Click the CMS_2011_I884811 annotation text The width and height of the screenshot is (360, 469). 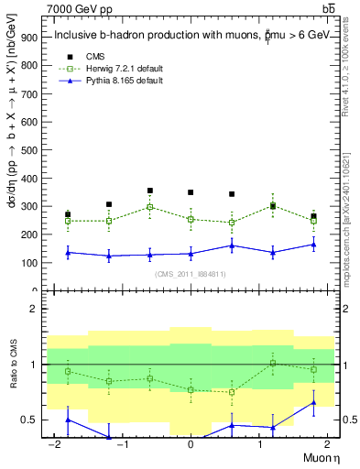point(191,274)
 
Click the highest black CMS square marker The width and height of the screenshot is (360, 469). point(149,191)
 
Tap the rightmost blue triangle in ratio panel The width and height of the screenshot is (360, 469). point(313,402)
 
